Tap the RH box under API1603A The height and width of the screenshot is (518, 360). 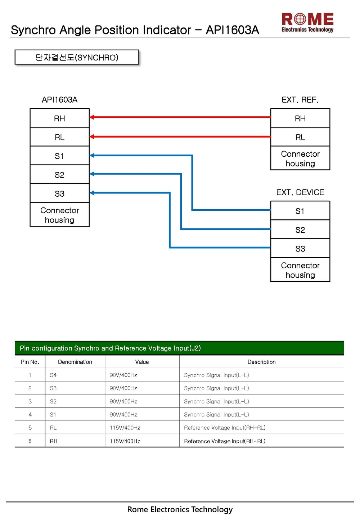pyautogui.click(x=60, y=118)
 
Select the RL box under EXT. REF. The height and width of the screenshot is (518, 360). pyautogui.click(x=300, y=137)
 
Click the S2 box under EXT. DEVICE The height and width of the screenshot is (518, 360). pyautogui.click(x=300, y=229)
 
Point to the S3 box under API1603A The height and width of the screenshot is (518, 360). pyautogui.click(x=60, y=193)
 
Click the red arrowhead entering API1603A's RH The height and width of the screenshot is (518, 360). pyautogui.click(x=92, y=117)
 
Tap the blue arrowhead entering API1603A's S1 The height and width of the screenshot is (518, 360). pyautogui.click(x=92, y=155)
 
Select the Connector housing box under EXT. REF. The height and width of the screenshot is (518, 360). pyautogui.click(x=300, y=158)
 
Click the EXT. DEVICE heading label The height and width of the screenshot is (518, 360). pyautogui.click(x=300, y=192)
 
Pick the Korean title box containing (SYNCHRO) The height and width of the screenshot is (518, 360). pyautogui.click(x=77, y=57)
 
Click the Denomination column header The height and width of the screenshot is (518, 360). pyautogui.click(x=75, y=362)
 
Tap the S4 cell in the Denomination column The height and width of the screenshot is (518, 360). pyautogui.click(x=53, y=375)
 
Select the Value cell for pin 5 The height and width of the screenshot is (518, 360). pyautogui.click(x=125, y=428)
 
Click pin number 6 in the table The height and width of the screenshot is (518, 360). pyautogui.click(x=30, y=441)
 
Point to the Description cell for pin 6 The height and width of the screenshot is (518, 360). pyautogui.click(x=225, y=441)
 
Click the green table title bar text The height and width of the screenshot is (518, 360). pyautogui.click(x=110, y=348)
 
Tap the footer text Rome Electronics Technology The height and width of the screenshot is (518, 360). pyautogui.click(x=180, y=509)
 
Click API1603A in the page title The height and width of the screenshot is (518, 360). pyautogui.click(x=232, y=30)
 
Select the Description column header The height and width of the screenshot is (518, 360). pyautogui.click(x=262, y=362)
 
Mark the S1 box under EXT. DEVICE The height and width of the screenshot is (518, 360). pyautogui.click(x=300, y=210)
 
